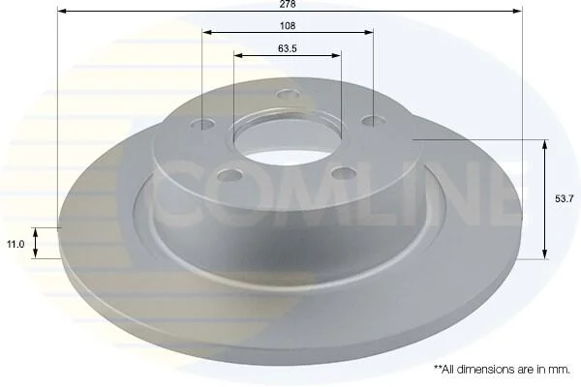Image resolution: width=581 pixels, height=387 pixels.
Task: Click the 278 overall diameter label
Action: coord(288,4)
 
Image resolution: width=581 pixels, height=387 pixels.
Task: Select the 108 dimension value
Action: coord(288,25)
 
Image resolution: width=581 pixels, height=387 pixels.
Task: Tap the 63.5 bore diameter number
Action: coord(288,48)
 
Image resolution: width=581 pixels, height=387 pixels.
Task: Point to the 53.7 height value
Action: coord(564,199)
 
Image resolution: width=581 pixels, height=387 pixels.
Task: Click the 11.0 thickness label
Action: coord(15,244)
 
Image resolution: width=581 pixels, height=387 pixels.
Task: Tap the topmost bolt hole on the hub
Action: coord(289,94)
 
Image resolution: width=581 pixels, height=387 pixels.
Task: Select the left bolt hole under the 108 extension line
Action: coord(203,125)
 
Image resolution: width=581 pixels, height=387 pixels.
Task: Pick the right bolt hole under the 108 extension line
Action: coord(373,120)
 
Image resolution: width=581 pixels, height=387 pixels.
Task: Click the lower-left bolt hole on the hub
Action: coord(230,174)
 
